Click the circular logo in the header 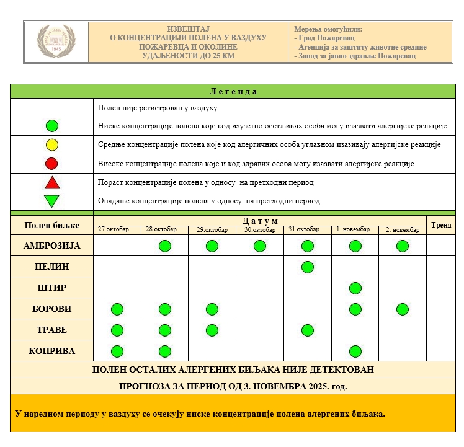tap(56, 42)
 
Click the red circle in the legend tap(52, 164)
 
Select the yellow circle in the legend tap(52, 145)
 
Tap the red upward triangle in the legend tap(52, 182)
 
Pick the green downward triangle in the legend tap(52, 201)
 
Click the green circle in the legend tap(52, 126)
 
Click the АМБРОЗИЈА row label tap(52, 246)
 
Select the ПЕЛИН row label tap(52, 267)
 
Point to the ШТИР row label tap(52, 288)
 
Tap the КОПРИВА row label tap(52, 351)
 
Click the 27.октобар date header tap(114, 229)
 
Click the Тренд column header tap(441, 224)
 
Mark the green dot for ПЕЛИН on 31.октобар tap(307, 267)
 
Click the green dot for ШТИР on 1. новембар tap(355, 288)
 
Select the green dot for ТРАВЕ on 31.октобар tap(307, 330)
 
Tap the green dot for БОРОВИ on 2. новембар tap(402, 309)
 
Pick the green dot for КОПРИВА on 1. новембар tap(355, 351)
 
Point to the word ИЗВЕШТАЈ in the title tap(189, 29)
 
